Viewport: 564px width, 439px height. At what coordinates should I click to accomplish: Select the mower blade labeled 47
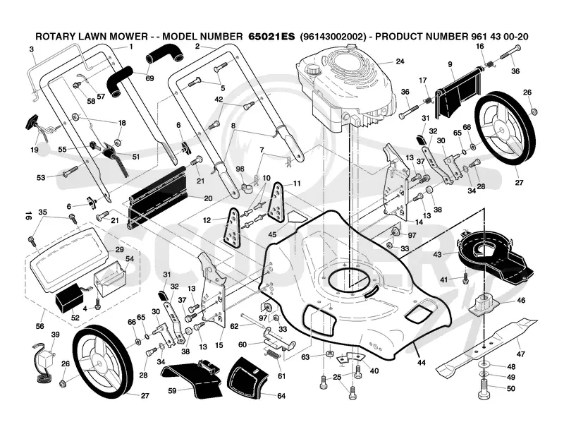(x=486, y=347)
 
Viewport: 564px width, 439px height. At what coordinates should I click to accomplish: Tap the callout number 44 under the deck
(x=421, y=363)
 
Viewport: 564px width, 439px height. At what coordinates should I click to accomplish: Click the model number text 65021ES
(x=271, y=37)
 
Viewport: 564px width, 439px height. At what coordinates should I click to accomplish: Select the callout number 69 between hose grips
(x=149, y=78)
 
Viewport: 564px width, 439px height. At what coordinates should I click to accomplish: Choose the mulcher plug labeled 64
(x=247, y=378)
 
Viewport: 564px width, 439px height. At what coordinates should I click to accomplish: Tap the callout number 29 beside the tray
(x=119, y=250)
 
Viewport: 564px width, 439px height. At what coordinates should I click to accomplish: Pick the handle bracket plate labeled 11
(x=277, y=203)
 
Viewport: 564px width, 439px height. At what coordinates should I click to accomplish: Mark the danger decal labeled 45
(x=298, y=216)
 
